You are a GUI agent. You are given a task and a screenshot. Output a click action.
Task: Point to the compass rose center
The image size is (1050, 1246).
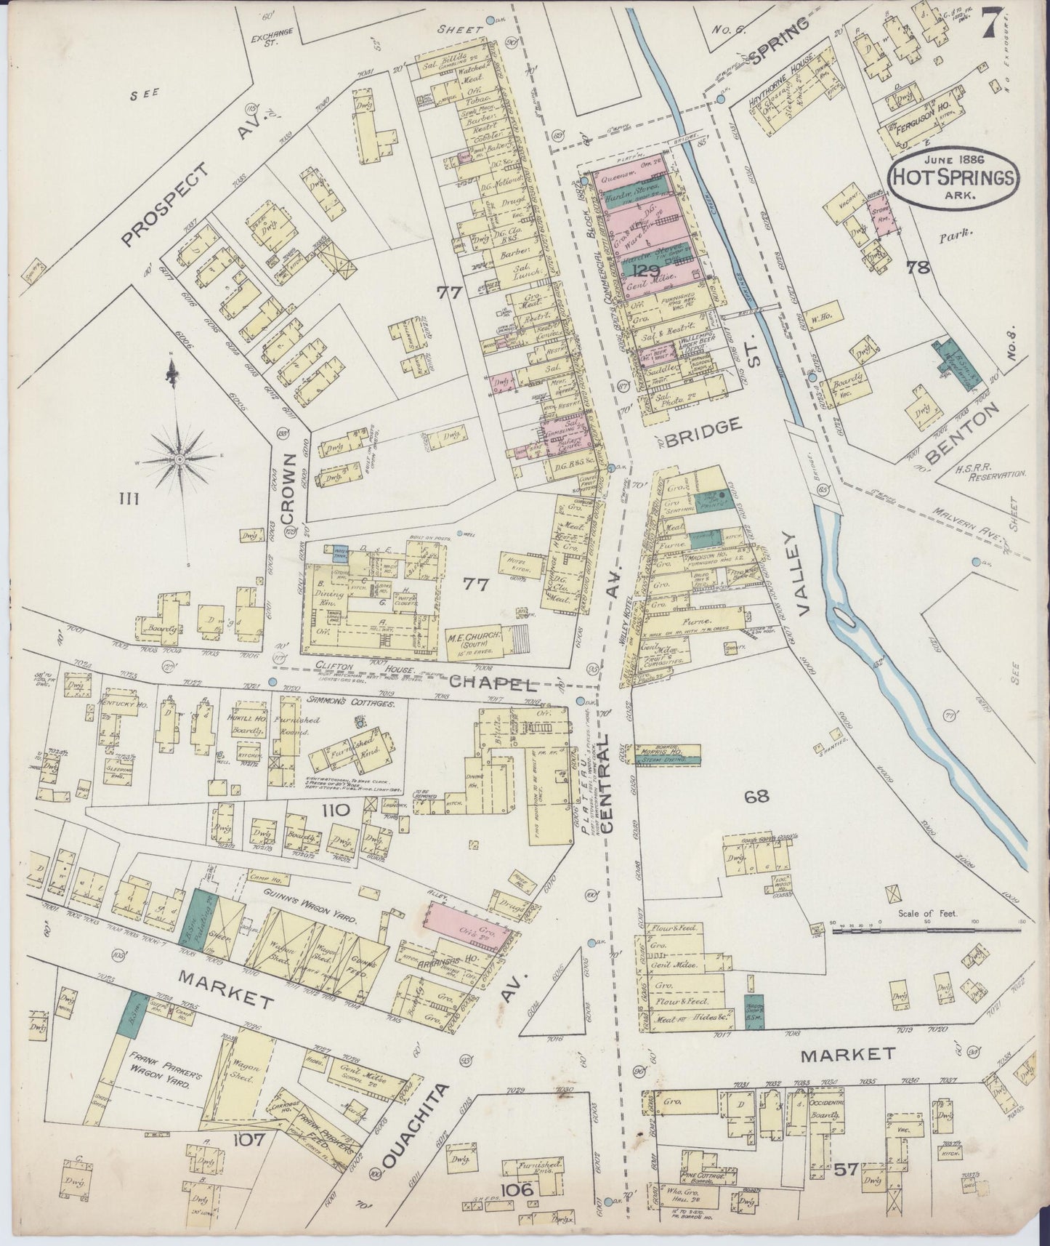tap(179, 459)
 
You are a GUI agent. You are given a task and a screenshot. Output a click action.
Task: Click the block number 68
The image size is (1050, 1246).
tap(758, 797)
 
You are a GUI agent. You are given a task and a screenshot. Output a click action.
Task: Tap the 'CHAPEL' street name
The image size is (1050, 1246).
tap(493, 684)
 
